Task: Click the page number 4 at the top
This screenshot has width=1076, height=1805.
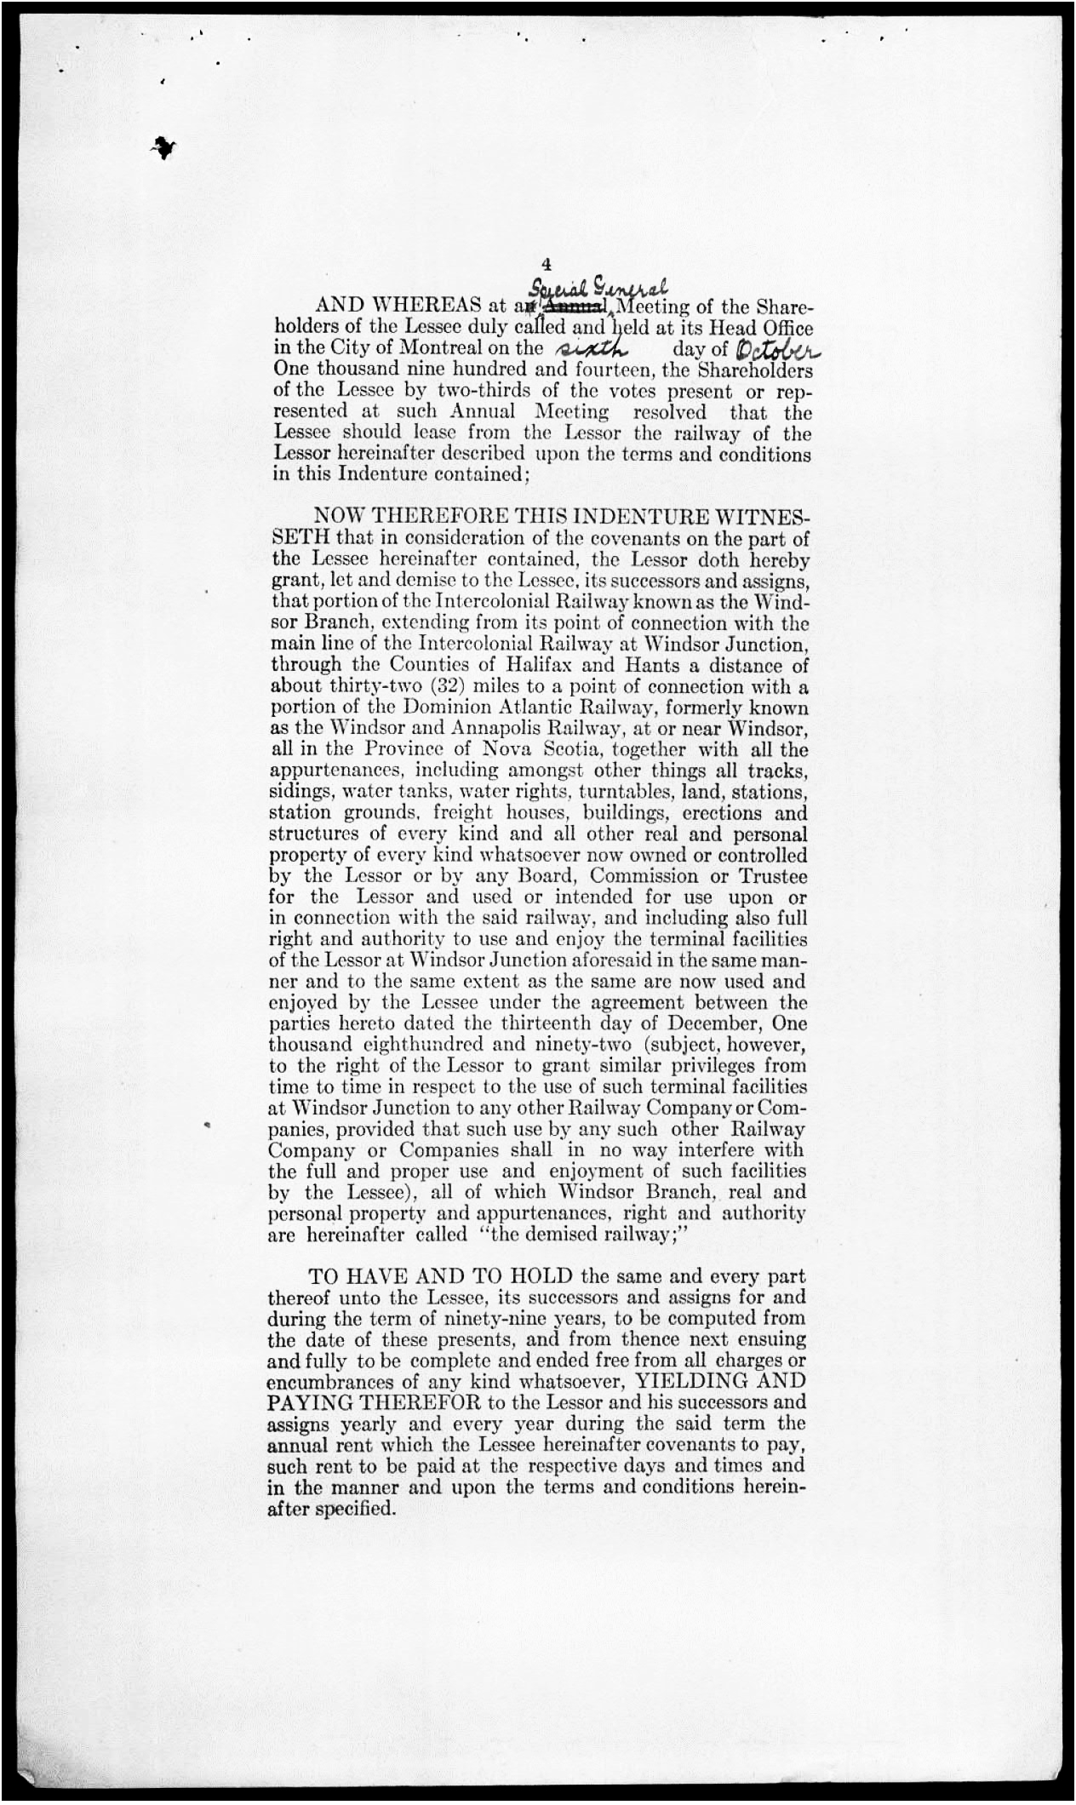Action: pyautogui.click(x=546, y=265)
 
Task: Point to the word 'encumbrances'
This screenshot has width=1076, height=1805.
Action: pyautogui.click(x=329, y=1381)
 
